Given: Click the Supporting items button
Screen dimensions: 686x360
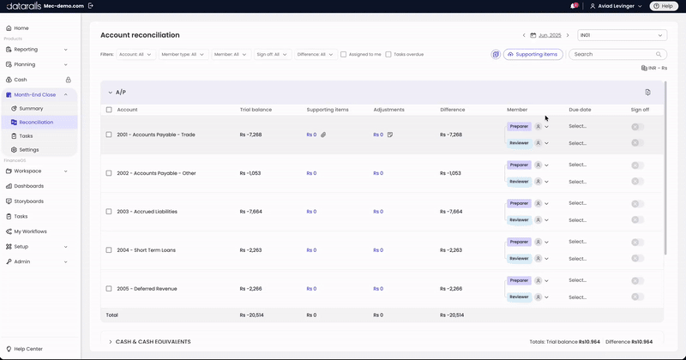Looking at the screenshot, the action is click(x=533, y=54).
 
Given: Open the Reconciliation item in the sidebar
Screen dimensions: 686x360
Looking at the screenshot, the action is click(x=36, y=122).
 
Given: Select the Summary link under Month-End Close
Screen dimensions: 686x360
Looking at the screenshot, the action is click(x=31, y=109).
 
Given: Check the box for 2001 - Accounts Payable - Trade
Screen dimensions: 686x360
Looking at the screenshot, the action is click(x=109, y=135).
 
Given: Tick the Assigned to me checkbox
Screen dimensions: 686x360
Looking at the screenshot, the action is click(x=344, y=55).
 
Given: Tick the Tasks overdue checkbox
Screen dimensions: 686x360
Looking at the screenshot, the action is click(x=388, y=55).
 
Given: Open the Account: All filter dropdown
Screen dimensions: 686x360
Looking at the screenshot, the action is click(x=135, y=55).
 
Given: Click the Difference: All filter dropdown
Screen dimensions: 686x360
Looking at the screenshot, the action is click(x=315, y=55).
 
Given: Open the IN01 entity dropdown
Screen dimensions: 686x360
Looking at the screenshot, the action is click(x=622, y=35).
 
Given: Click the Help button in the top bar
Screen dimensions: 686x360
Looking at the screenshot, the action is click(x=664, y=6).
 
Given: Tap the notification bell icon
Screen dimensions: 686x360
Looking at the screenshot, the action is click(x=574, y=6).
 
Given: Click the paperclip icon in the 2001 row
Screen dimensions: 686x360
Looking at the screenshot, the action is click(x=323, y=135).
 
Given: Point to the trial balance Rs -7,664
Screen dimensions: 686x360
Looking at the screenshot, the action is click(x=251, y=212).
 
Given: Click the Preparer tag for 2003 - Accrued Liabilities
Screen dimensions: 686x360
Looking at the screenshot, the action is click(x=519, y=203).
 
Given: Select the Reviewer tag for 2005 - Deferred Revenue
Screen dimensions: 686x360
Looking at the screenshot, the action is click(x=519, y=297).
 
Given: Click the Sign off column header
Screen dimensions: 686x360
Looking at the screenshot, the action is click(x=640, y=110).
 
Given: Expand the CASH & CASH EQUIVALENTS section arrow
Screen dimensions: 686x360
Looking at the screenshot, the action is click(x=111, y=342).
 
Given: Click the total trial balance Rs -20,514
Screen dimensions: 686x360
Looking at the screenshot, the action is click(x=251, y=315).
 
